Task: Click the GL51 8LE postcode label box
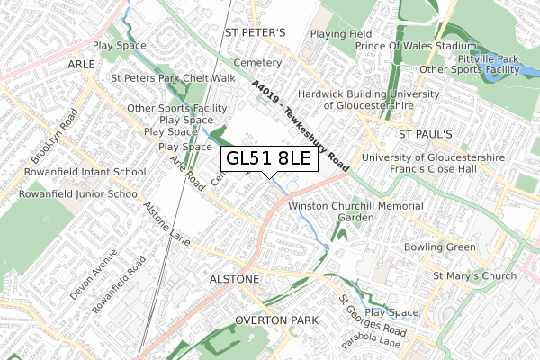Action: (268, 159)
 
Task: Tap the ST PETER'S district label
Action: (254, 33)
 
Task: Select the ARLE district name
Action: (79, 65)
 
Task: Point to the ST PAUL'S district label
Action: (428, 133)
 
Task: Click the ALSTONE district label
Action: (234, 280)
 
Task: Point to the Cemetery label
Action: (257, 63)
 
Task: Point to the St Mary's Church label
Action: (474, 275)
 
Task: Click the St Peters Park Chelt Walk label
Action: (172, 78)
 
